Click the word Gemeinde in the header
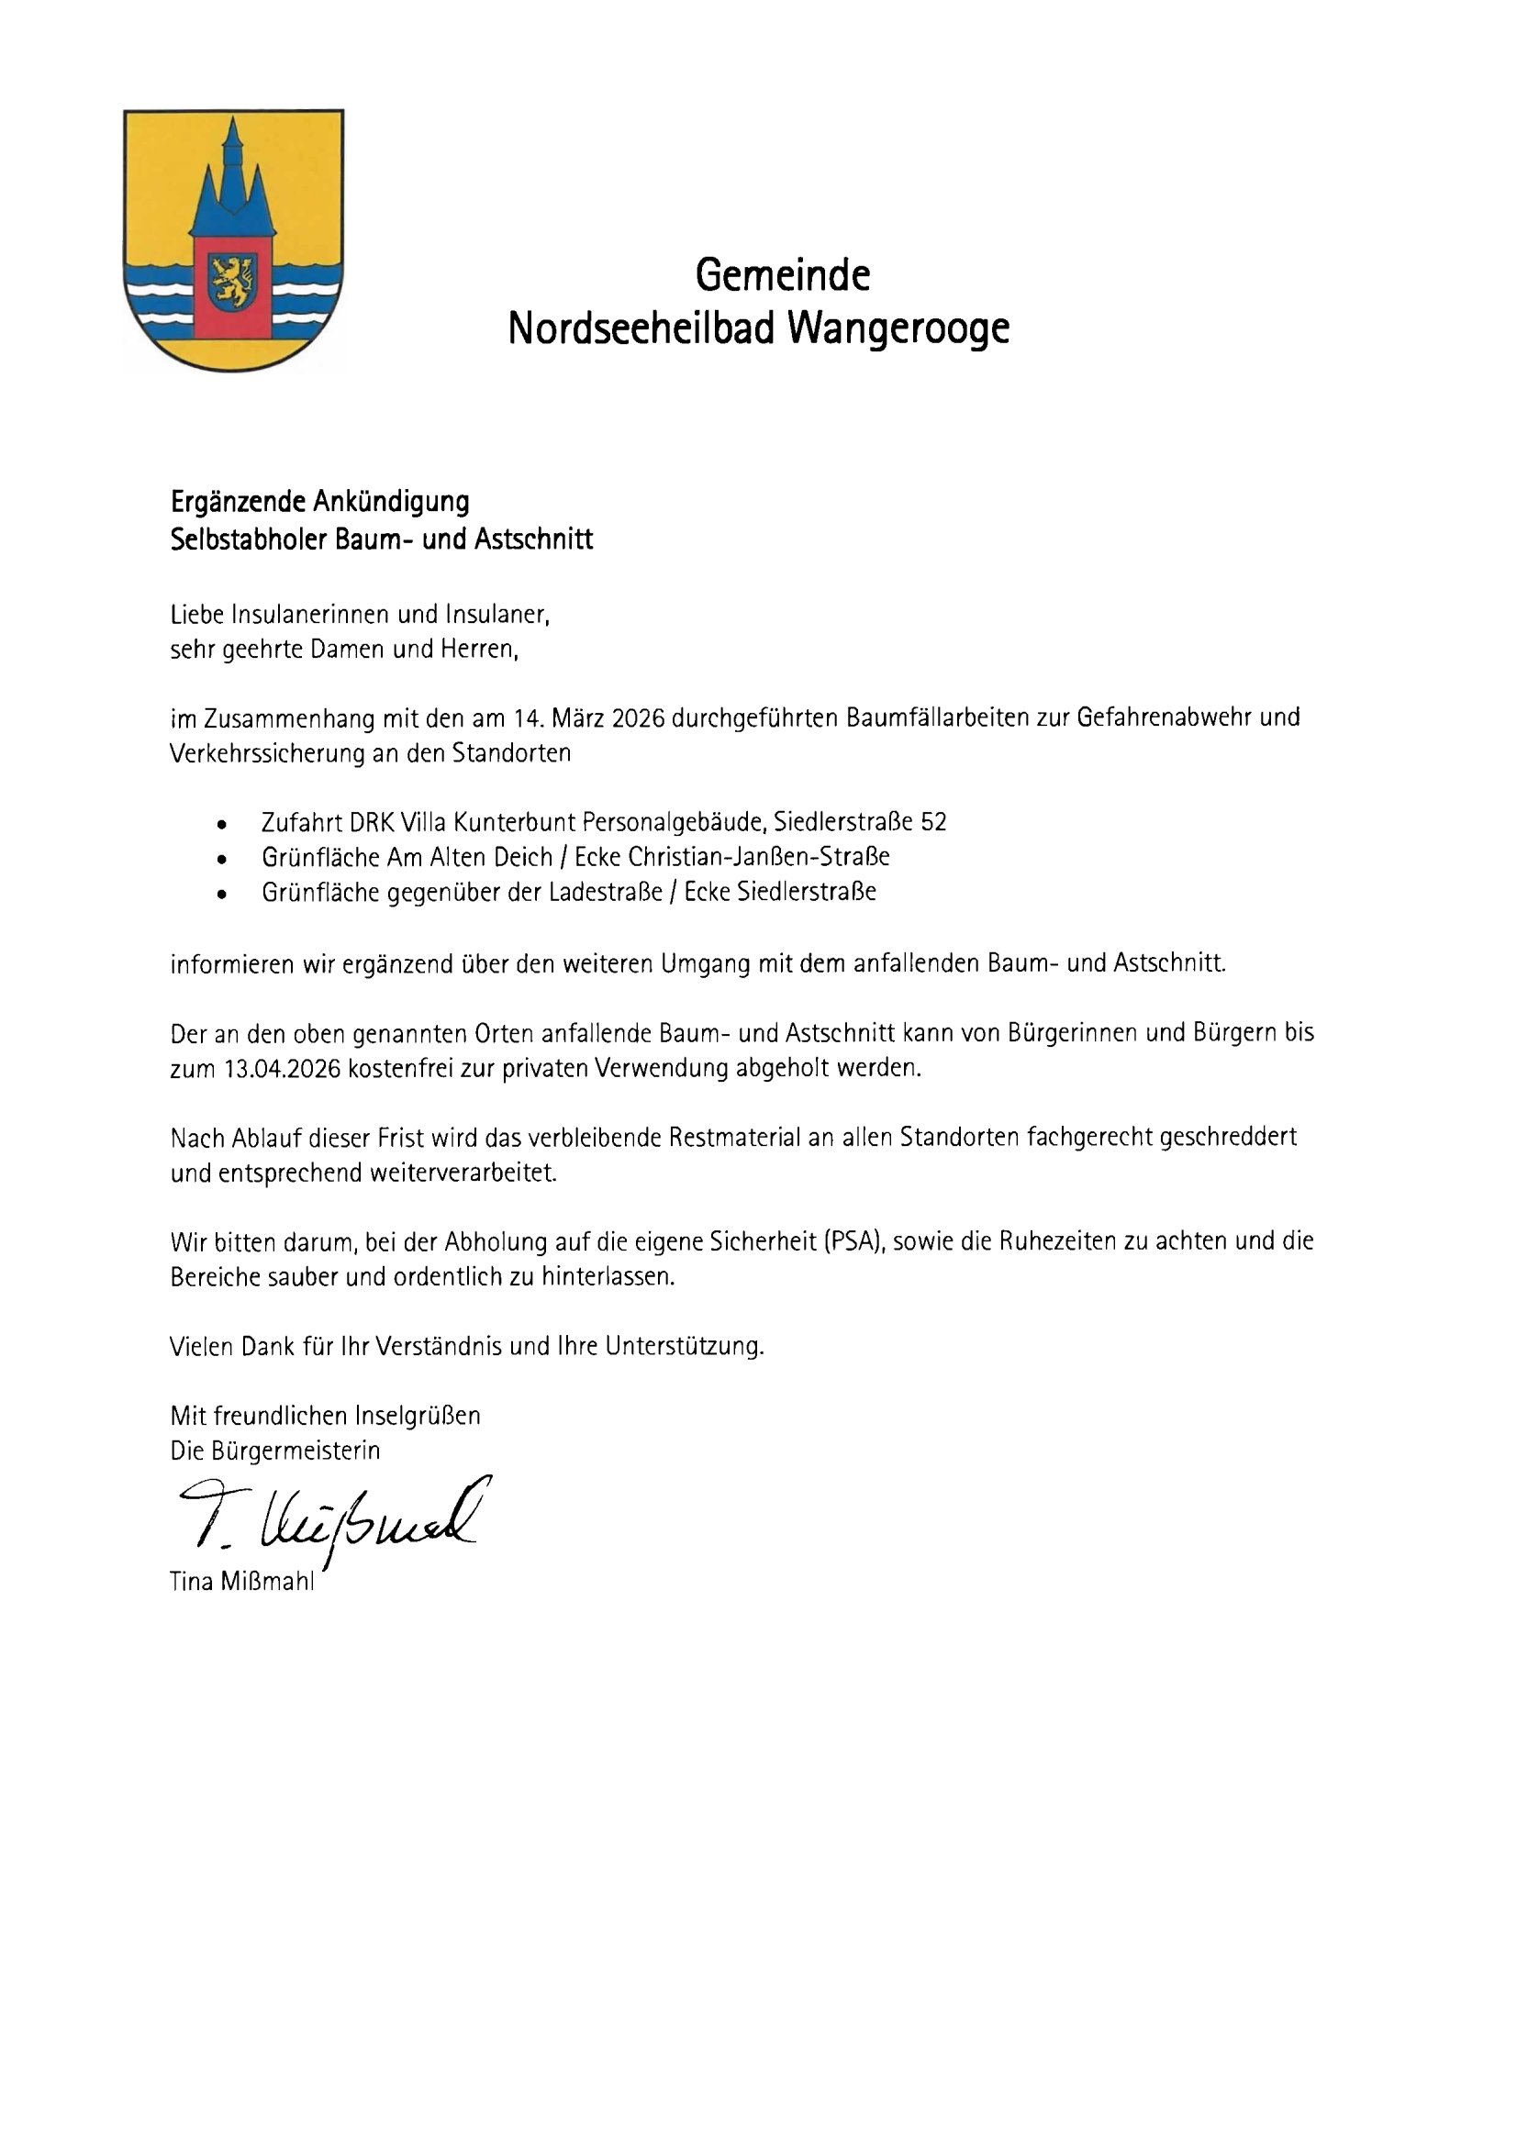tap(782, 276)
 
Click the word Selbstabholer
tap(247, 540)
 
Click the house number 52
tap(933, 822)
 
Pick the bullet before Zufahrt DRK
tap(220, 825)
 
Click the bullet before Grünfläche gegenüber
tap(220, 895)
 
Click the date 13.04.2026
tap(284, 1069)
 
